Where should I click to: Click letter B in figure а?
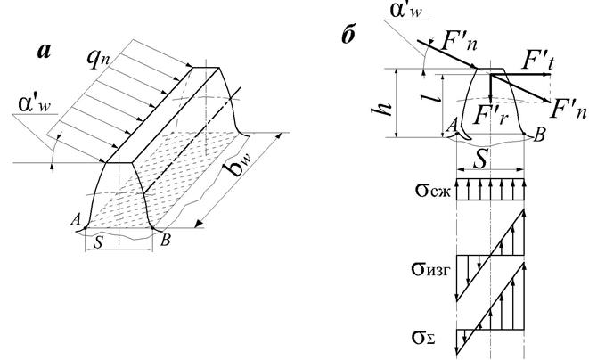pyautogui.click(x=165, y=238)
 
